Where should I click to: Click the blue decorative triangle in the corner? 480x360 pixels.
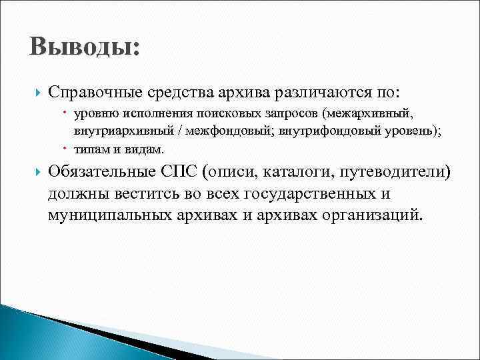pyautogui.click(x=27, y=333)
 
